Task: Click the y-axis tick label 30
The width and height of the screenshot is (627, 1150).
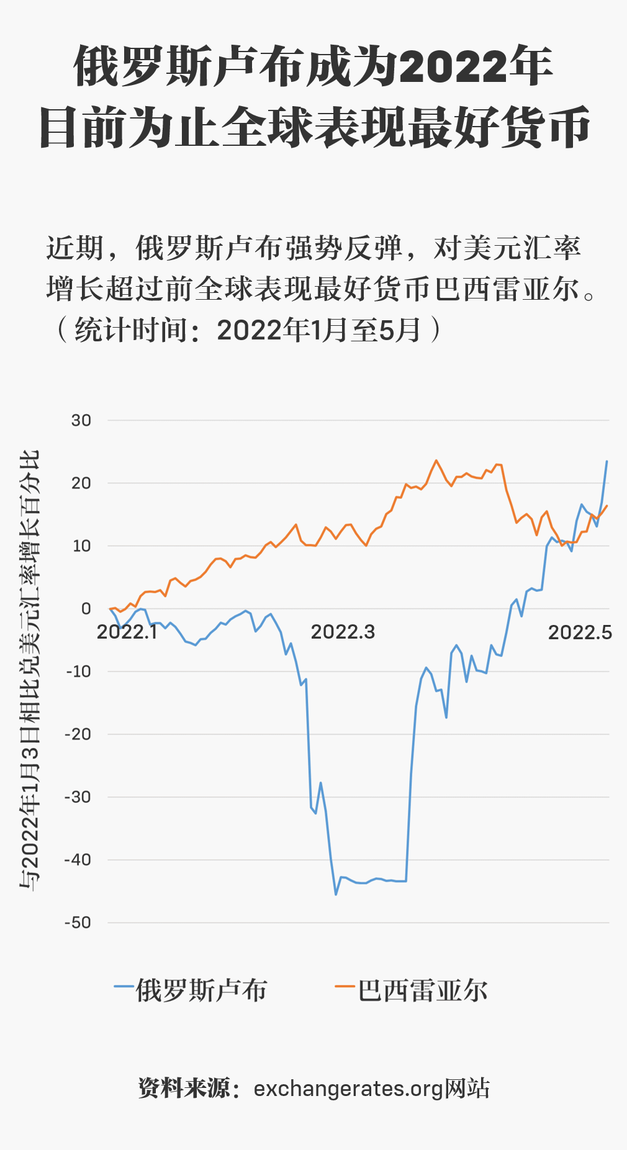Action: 81,421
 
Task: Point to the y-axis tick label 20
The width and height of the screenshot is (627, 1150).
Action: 81,483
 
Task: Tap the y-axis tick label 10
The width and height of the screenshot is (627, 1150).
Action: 81,546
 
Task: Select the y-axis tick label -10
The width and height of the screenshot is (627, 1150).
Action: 79,672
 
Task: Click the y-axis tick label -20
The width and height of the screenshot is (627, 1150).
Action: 79,734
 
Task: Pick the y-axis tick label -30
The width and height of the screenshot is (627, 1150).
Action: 79,797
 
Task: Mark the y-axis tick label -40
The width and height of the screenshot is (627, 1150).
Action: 79,860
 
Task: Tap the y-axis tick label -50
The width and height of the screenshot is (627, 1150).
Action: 79,923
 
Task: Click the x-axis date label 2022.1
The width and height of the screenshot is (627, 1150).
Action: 127,632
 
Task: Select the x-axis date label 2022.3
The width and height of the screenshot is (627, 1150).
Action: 343,632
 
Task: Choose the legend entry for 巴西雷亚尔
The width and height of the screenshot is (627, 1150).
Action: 412,991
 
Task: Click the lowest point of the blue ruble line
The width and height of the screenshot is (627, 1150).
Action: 336,894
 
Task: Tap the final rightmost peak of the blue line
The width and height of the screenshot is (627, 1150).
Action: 607,461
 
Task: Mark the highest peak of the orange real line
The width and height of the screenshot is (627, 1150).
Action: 436,460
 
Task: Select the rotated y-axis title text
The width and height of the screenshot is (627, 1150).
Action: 29,670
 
